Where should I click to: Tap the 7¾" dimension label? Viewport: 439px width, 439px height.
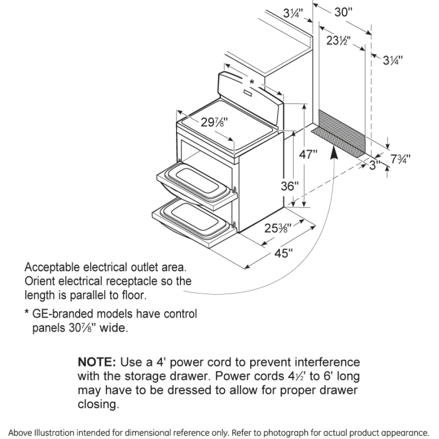point(400,159)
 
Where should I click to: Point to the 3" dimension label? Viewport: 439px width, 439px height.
point(375,165)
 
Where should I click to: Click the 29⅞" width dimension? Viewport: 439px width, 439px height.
point(213,123)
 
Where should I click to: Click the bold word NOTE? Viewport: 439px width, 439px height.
point(97,363)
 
